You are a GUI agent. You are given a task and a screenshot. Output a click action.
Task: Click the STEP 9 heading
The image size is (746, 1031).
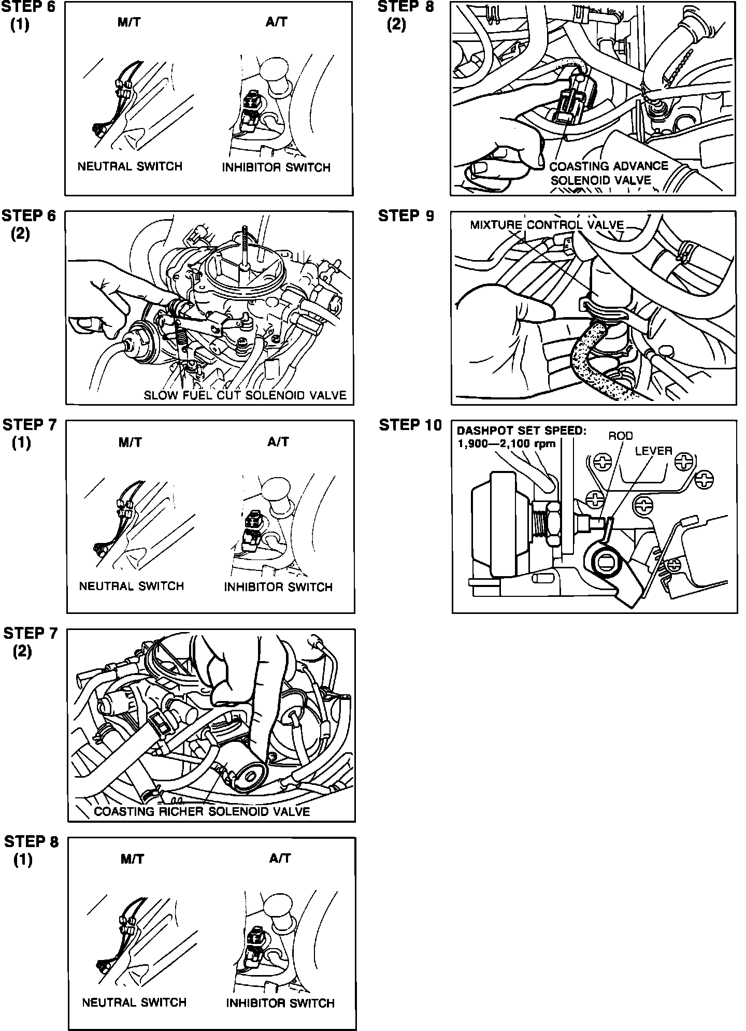406,216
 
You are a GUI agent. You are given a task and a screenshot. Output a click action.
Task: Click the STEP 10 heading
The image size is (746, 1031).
410,425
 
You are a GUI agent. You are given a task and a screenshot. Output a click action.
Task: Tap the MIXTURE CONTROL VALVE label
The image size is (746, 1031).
547,225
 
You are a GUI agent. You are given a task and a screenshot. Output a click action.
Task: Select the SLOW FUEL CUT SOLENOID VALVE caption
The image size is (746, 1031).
245,396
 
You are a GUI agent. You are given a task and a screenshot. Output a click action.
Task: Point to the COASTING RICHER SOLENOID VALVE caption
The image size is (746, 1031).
202,812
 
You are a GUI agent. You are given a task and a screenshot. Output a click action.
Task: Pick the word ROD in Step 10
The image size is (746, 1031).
620,436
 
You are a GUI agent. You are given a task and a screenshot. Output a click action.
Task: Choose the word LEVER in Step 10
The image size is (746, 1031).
653,451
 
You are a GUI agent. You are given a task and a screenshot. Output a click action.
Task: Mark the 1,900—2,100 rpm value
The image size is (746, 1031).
506,443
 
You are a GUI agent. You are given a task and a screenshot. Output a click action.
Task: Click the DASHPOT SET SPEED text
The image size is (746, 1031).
521,431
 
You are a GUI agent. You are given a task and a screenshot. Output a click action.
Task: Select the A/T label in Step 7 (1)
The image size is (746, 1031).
278,442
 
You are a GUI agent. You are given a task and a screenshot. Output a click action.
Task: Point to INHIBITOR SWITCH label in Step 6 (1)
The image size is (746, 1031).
276,167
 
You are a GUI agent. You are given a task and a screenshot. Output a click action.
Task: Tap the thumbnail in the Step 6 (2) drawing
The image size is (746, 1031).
83,324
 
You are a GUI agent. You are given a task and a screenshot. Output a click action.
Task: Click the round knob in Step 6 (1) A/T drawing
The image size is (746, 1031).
276,71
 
